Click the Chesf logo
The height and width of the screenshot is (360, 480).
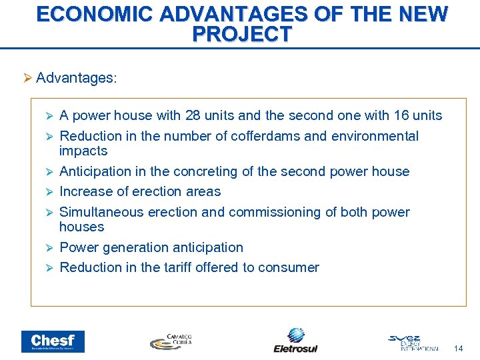click(53, 341)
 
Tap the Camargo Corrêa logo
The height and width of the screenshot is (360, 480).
click(171, 341)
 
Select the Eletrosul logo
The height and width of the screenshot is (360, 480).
click(295, 340)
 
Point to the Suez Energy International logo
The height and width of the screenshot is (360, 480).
click(413, 342)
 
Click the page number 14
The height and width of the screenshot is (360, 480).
click(458, 348)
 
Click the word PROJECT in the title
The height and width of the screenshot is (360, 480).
click(241, 34)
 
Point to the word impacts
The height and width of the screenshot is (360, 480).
click(83, 151)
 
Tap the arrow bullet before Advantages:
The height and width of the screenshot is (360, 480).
click(27, 78)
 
